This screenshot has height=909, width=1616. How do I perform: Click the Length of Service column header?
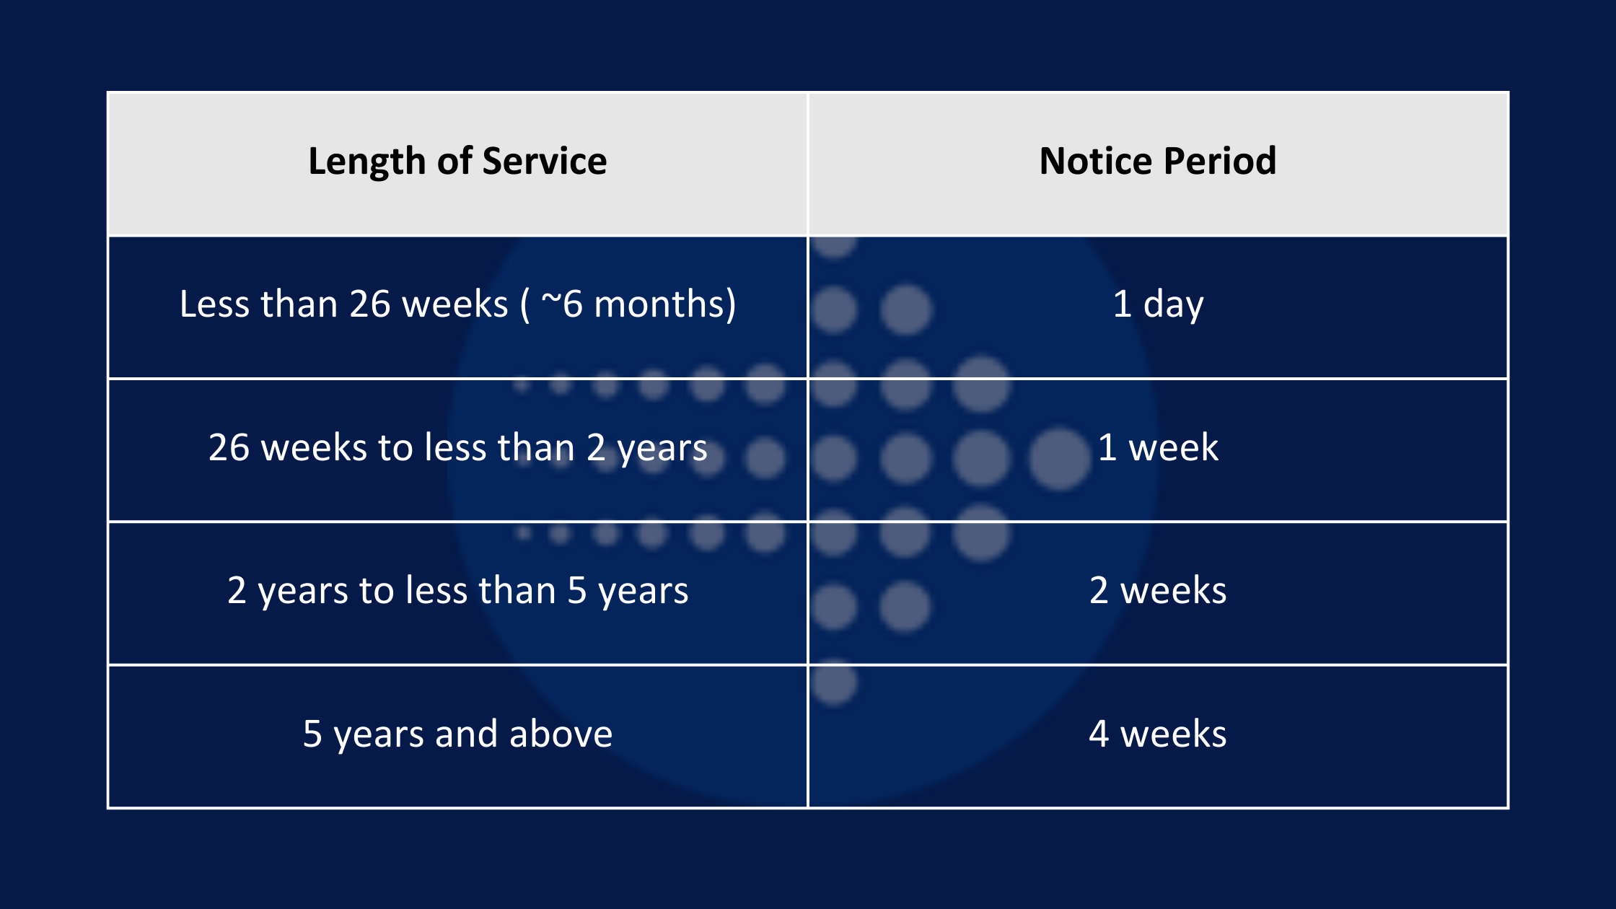coord(457,161)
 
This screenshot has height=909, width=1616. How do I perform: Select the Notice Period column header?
coord(1158,161)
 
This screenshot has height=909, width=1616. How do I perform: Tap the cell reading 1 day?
coord(1158,304)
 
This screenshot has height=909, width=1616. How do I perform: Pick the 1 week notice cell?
coord(1158,447)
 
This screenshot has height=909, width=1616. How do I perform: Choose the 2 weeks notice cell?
coord(1158,590)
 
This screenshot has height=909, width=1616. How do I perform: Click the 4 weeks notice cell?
coord(1158,734)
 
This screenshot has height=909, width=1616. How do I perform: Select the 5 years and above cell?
coord(457,734)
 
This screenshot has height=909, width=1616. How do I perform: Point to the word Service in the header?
coord(545,161)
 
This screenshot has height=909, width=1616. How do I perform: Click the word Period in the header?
coord(1220,161)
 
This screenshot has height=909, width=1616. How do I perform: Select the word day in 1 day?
coord(1174,304)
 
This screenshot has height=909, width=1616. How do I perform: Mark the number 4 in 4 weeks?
coord(1099,734)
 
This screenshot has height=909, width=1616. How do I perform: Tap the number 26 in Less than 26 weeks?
coord(370,304)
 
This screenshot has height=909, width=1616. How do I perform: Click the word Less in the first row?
coord(216,304)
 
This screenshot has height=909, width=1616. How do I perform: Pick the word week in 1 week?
coord(1174,447)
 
